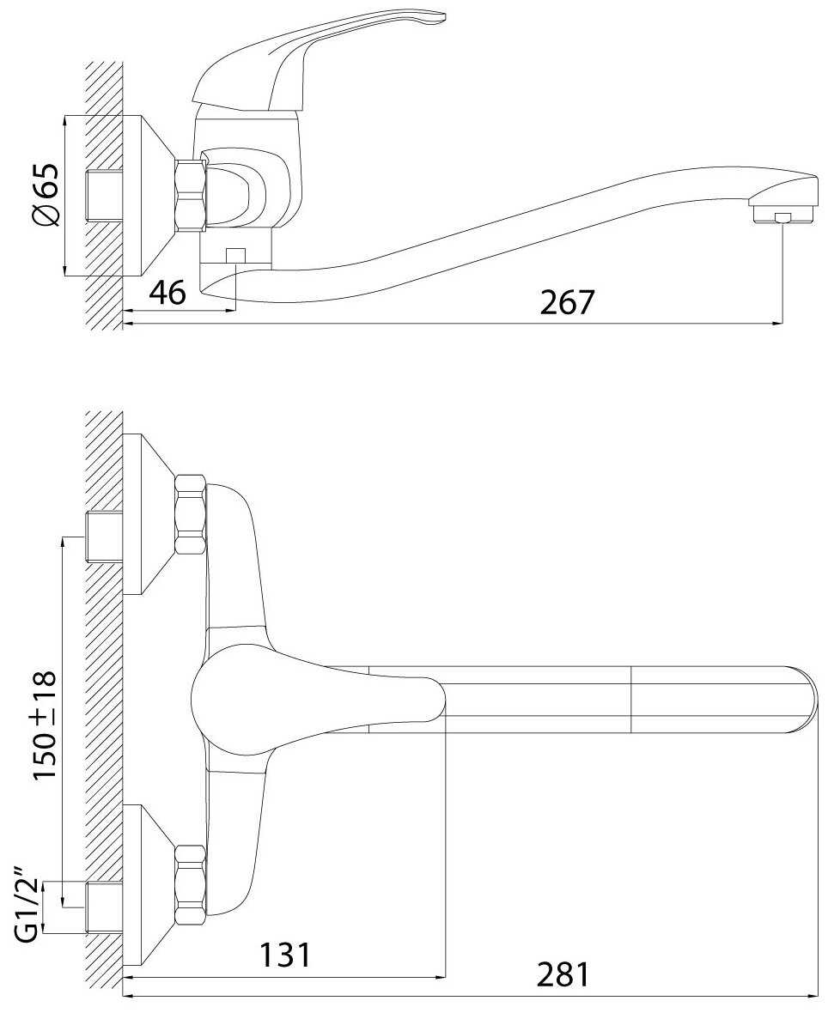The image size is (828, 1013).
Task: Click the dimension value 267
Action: tap(567, 302)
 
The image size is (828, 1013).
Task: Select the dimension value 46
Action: tap(167, 294)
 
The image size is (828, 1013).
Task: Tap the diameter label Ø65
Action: tap(46, 195)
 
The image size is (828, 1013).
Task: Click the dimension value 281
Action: tap(563, 975)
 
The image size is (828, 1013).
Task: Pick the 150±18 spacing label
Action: tap(45, 725)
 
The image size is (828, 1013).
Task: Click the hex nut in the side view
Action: tap(191, 194)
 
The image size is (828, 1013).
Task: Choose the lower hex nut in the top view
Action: tap(190, 884)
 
